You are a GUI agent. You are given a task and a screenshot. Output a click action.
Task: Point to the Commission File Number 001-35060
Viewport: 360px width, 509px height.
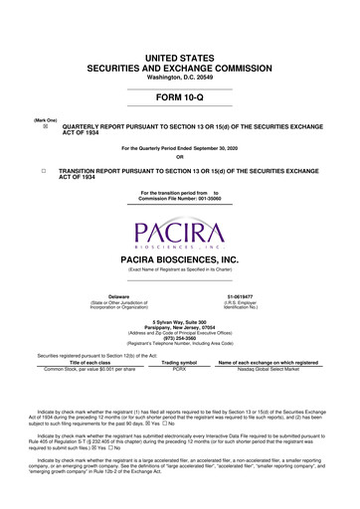pyautogui.click(x=180, y=195)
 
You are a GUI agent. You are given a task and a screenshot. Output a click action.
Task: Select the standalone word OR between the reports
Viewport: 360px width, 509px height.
pyautogui.click(x=180, y=156)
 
